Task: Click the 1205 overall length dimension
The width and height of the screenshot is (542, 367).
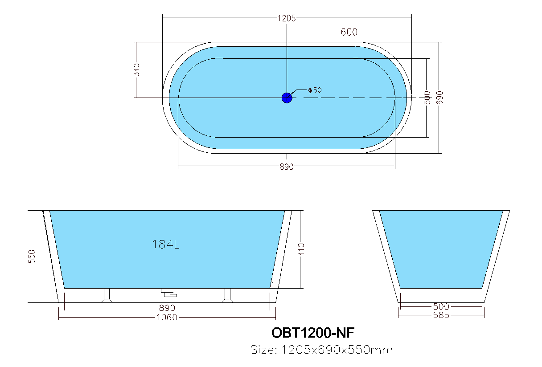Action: pyautogui.click(x=287, y=18)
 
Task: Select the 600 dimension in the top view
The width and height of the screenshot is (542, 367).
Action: pyautogui.click(x=349, y=32)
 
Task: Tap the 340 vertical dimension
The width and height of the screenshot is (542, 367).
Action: pyautogui.click(x=137, y=69)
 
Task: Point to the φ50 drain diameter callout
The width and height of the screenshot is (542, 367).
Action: pyautogui.click(x=314, y=90)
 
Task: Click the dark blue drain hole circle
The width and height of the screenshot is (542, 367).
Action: pyautogui.click(x=287, y=98)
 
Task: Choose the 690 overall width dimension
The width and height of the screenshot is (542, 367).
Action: pyautogui.click(x=440, y=97)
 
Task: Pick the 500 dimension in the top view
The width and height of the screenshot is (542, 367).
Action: pyautogui.click(x=427, y=97)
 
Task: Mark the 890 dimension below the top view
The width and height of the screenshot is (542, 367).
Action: pyautogui.click(x=286, y=167)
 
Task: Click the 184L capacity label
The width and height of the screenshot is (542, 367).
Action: pyautogui.click(x=166, y=245)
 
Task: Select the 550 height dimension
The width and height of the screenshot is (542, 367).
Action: pyautogui.click(x=32, y=257)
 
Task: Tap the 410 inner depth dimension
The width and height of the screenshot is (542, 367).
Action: pyautogui.click(x=301, y=250)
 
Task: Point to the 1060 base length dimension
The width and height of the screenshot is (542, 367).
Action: pyautogui.click(x=167, y=318)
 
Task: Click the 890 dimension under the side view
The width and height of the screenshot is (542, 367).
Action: pyautogui.click(x=167, y=308)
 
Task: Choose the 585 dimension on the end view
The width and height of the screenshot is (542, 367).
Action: pyautogui.click(x=441, y=315)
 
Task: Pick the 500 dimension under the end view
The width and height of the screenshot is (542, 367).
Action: pyautogui.click(x=441, y=306)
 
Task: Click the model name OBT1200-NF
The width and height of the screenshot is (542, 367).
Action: pyautogui.click(x=313, y=333)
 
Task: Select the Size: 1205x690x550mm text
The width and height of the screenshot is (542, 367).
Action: pyautogui.click(x=321, y=350)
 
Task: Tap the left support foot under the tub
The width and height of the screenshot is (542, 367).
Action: pyautogui.click(x=107, y=295)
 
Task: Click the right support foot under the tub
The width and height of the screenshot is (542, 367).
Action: pyautogui.click(x=227, y=295)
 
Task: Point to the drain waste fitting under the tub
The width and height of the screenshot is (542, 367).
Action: pyautogui.click(x=169, y=293)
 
